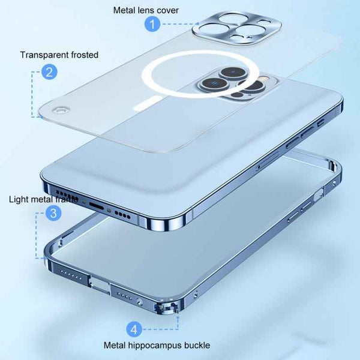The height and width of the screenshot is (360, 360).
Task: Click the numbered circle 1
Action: (153, 25)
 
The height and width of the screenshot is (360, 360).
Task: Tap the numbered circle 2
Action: (50, 73)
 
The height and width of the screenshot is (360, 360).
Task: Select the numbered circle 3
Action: (53, 213)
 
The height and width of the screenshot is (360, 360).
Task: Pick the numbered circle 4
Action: (134, 329)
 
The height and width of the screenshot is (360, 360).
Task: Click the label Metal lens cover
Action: (146, 10)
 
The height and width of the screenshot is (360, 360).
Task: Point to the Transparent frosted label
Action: (59, 55)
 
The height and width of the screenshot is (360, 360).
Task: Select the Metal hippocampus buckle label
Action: (148, 346)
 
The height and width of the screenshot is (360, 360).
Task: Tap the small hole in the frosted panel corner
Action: (59, 110)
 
